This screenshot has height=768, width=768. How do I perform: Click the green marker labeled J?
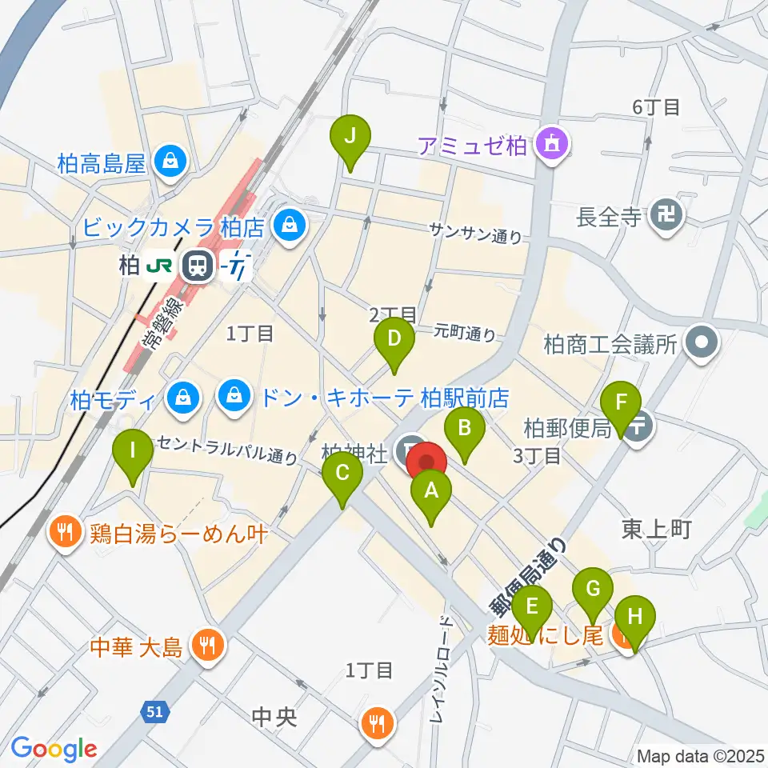350,138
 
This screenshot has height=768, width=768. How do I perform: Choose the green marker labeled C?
342,475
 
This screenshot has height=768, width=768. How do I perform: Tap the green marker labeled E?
532,608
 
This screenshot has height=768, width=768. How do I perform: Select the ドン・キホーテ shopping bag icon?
234,396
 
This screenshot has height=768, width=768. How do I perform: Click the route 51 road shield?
155,709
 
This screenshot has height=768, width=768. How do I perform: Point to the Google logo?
54,748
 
